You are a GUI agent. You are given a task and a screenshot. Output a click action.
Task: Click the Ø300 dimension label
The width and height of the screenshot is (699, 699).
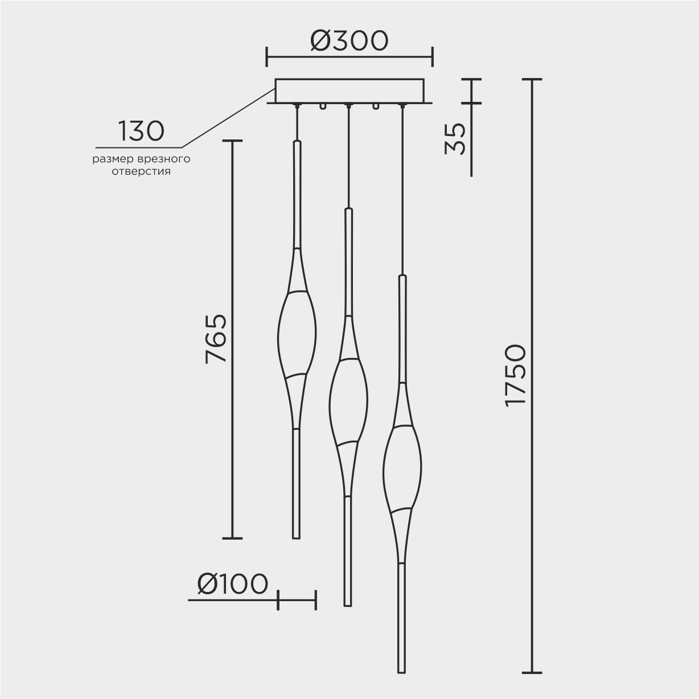[349, 40]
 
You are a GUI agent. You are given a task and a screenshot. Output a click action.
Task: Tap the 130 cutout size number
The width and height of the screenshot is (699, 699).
[141, 131]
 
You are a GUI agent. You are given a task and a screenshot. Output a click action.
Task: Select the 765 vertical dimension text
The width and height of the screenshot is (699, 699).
[216, 339]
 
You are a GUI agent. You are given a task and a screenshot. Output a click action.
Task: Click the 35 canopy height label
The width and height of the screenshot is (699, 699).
[455, 139]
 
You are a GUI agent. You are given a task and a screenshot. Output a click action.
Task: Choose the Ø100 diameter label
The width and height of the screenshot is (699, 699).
[232, 585]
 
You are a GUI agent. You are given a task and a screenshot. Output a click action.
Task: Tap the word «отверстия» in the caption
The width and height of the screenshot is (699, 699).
[141, 171]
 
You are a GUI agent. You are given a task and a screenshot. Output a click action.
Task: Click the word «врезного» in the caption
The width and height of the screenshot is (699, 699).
[164, 159]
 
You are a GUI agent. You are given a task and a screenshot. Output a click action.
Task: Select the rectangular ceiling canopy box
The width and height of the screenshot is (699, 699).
[349, 91]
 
